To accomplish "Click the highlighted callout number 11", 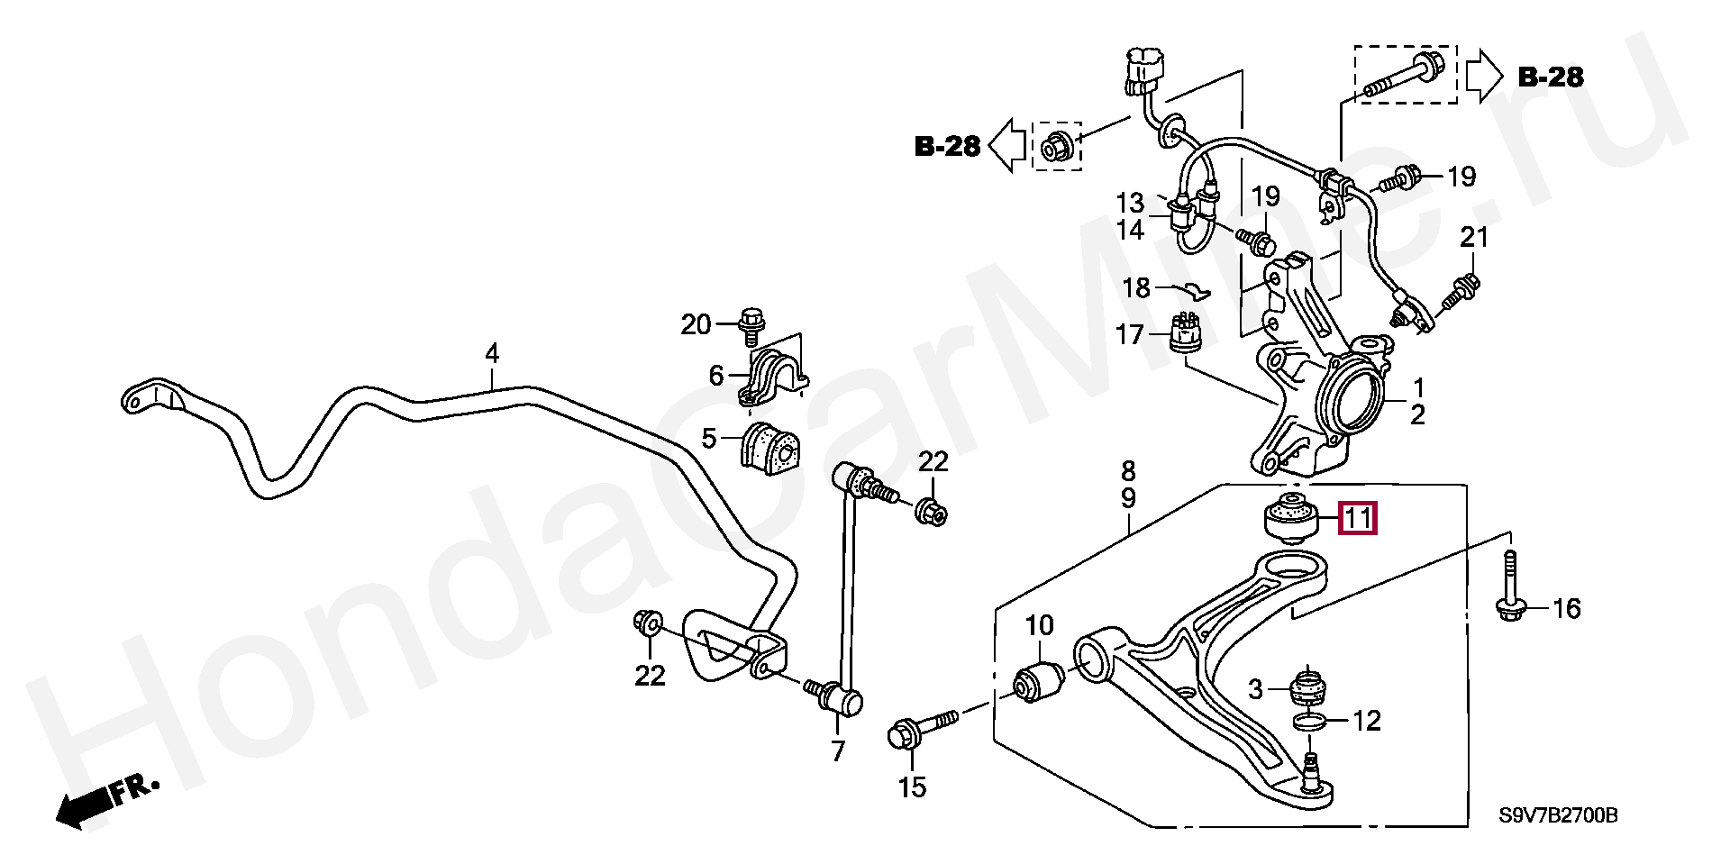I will coord(1358,518).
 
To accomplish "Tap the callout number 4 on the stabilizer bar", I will coord(492,353).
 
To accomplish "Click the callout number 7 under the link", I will coord(838,750).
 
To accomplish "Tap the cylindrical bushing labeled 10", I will coord(1040,683).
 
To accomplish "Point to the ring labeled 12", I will coord(1309,721).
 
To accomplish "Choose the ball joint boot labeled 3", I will coord(1307,689).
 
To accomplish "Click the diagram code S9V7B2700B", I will coord(1558,816).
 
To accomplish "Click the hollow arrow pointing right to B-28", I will coord(1483,77).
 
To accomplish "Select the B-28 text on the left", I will coord(947,146).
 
